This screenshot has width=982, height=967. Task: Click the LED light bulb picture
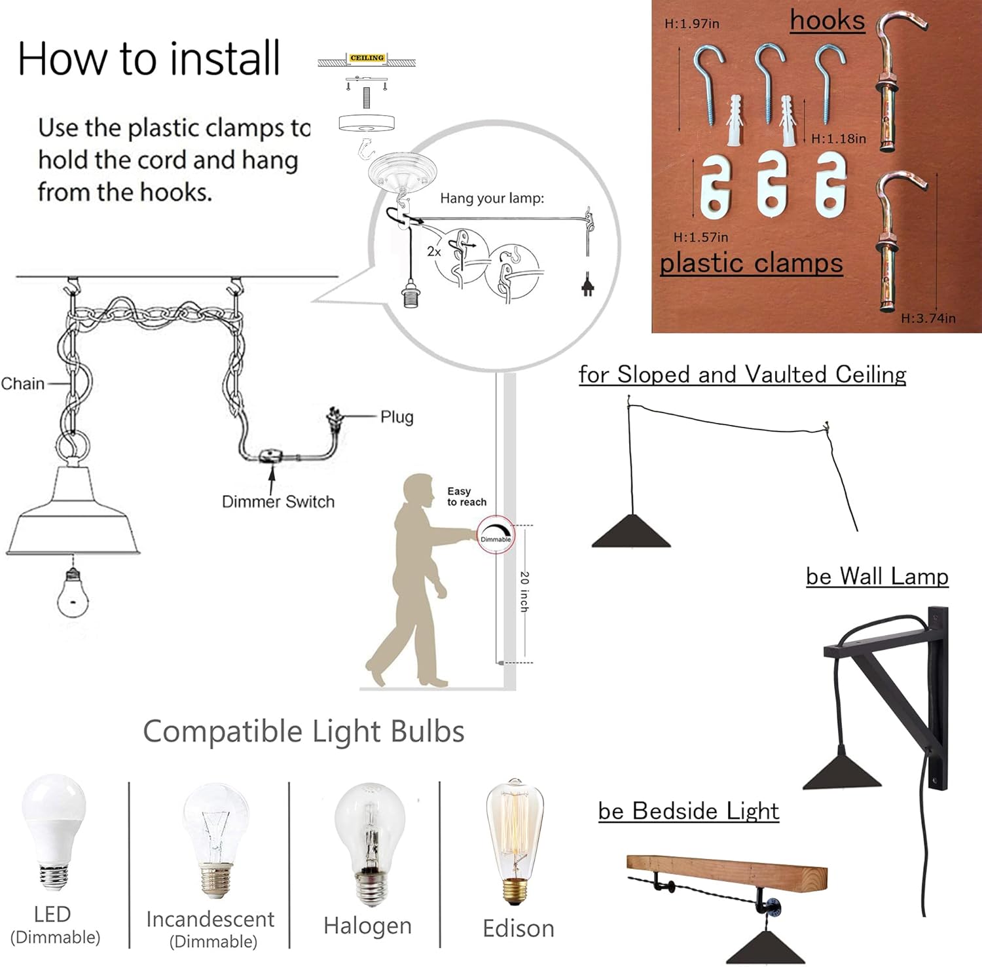(x=54, y=831)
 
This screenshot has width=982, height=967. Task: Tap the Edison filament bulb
(x=515, y=841)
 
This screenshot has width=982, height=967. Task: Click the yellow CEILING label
(x=367, y=58)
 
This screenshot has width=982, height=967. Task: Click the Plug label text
(x=397, y=417)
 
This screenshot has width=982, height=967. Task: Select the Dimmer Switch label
(x=278, y=502)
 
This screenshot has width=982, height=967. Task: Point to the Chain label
(x=23, y=384)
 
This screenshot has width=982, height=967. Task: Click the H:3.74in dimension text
(x=928, y=318)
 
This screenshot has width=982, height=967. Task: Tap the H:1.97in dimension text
(x=692, y=24)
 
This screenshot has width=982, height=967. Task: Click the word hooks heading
(x=827, y=20)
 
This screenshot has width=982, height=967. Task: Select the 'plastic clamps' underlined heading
(x=752, y=263)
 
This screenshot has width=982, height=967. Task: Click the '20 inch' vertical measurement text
(x=524, y=592)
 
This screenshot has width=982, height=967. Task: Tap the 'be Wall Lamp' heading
(x=877, y=576)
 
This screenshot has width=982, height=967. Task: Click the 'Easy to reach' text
(x=467, y=496)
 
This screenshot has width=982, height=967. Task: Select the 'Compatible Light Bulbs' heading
(x=304, y=731)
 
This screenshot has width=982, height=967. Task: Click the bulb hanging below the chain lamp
(x=73, y=593)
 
